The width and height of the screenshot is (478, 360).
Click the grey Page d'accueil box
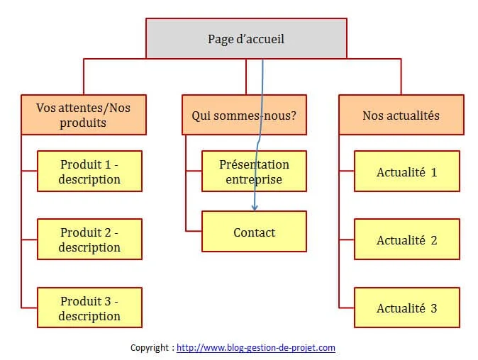click(246, 38)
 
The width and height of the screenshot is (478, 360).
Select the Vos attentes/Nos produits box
click(84, 115)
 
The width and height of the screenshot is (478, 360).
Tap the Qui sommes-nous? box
click(244, 115)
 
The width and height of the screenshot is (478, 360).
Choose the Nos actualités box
click(401, 115)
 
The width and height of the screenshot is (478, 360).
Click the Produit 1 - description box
click(89, 171)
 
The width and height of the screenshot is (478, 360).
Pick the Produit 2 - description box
click(89, 239)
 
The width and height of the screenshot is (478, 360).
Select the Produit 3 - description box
click(89, 308)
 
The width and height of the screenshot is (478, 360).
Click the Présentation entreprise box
click(254, 171)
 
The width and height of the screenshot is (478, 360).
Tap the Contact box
click(254, 232)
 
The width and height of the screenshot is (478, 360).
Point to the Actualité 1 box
click(407, 171)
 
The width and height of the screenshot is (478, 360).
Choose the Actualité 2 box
click(407, 239)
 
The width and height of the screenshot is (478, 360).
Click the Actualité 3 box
click(407, 308)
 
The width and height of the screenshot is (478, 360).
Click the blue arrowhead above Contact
click(255, 208)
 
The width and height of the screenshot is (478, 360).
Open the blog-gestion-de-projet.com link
click(256, 347)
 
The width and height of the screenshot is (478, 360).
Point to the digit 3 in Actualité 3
click(434, 308)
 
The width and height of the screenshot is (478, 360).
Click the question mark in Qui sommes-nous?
click(293, 116)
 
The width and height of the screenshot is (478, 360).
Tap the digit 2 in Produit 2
click(108, 232)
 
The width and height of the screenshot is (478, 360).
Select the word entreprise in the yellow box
click(254, 180)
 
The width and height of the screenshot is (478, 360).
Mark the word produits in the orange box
click(83, 123)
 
